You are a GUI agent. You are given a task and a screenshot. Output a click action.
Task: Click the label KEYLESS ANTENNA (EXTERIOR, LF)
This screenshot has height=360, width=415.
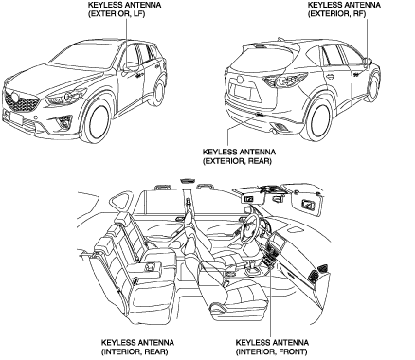(124, 9)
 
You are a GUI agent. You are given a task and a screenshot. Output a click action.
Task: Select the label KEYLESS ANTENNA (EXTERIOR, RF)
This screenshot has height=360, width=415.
(344, 9)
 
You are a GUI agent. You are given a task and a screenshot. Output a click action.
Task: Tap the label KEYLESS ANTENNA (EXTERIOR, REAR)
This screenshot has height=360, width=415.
(239, 156)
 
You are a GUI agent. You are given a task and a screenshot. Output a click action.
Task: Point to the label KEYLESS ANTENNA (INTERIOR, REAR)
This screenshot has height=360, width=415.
(137, 347)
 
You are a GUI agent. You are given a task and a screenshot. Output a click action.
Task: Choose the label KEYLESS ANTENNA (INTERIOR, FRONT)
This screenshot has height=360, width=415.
(272, 347)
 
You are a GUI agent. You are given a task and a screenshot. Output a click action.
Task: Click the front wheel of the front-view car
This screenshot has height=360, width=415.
(99, 121)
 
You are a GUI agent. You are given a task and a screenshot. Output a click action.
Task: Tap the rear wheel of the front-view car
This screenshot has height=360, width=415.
(159, 92)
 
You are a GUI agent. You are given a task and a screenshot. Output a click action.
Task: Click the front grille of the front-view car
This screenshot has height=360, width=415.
(21, 102)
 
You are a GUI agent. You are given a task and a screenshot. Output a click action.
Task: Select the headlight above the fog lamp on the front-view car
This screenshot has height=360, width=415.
(64, 97)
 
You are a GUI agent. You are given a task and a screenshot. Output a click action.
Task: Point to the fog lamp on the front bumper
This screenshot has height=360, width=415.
(63, 122)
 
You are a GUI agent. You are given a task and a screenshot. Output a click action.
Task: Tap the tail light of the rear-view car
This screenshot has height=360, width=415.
(285, 81)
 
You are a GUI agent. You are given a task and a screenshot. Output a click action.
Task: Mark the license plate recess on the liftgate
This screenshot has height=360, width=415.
(244, 92)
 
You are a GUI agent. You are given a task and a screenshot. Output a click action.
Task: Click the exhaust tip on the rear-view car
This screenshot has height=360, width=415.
(274, 131)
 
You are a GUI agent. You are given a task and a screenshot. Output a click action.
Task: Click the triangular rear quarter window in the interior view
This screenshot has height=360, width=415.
(120, 202)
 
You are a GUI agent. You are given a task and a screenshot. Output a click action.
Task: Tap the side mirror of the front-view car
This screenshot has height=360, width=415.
(130, 65)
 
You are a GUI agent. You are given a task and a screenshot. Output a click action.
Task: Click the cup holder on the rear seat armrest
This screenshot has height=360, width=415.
(152, 267)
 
